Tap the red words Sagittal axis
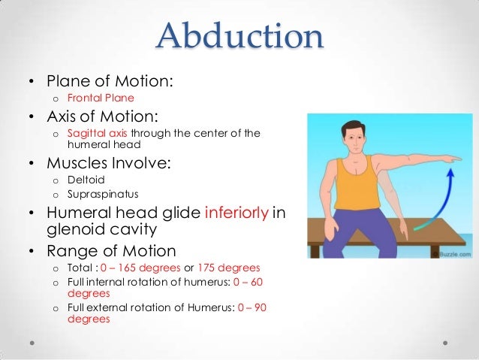tap(98, 135)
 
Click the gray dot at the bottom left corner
tap(34, 341)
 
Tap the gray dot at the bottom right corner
tap(445, 341)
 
